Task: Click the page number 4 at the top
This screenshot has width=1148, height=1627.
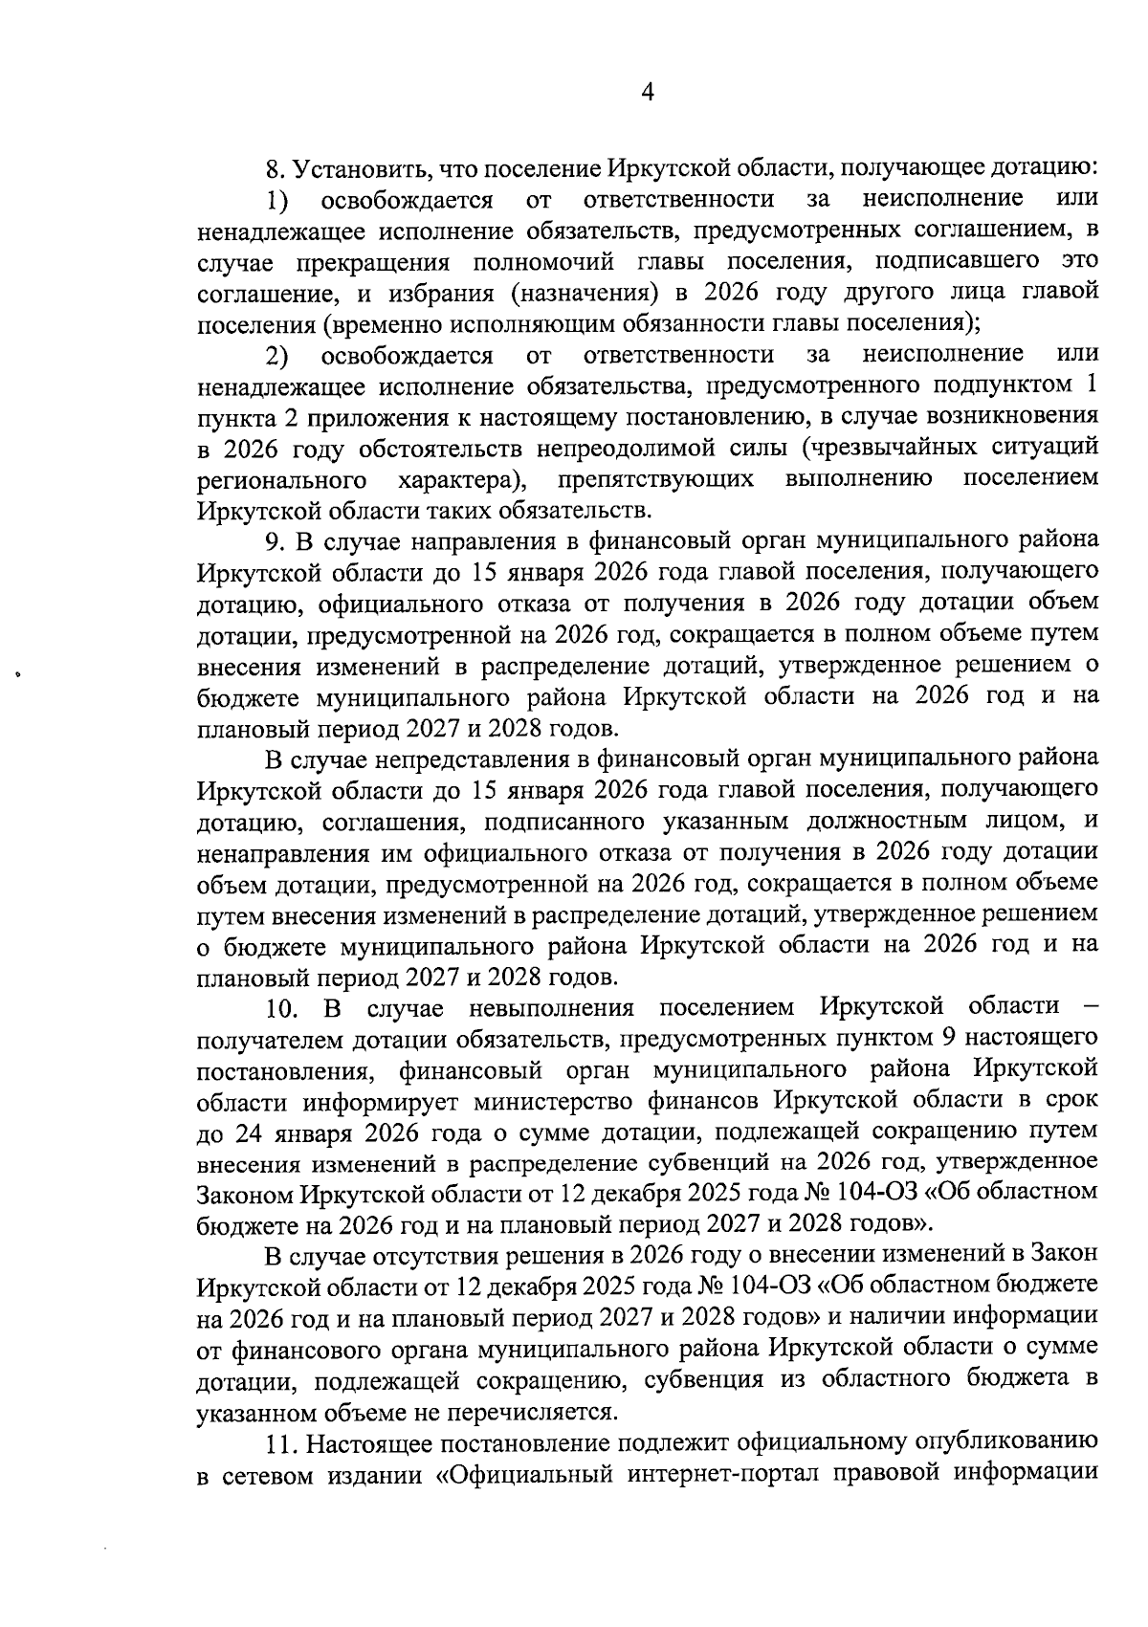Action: (x=647, y=92)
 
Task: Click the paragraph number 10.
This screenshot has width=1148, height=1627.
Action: (x=283, y=1008)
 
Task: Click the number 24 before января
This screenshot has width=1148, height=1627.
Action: (x=249, y=1133)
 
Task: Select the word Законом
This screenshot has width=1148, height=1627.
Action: (x=245, y=1196)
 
